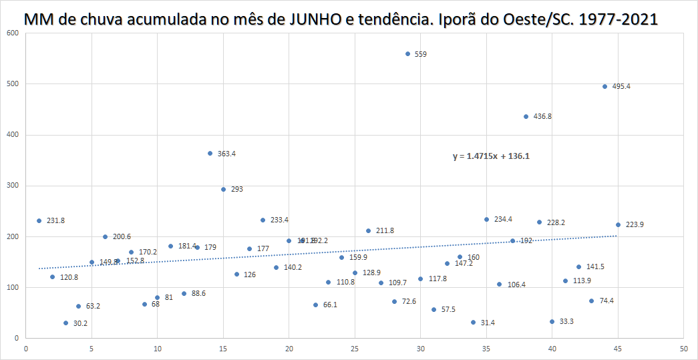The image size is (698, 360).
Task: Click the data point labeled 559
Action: coord(407,53)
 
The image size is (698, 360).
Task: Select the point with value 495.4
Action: coord(604,86)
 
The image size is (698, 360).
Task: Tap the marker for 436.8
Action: coord(526,116)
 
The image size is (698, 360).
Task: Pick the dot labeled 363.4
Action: coord(210,153)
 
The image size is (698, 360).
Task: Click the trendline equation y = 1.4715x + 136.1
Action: coord(491,156)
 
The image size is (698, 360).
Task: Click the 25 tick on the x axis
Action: coord(355,349)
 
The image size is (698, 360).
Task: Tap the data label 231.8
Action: coord(55,220)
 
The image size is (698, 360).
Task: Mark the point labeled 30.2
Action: coord(65,323)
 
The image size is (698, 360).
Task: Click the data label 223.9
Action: coord(635,224)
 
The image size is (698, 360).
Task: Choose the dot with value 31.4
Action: coord(473,322)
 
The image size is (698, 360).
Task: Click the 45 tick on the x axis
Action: coord(618,349)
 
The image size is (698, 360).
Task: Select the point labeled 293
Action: coord(223,189)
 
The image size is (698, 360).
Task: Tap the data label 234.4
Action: coord(503,219)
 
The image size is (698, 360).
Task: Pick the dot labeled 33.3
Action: coord(552,321)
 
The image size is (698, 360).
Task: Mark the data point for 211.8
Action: coord(368,230)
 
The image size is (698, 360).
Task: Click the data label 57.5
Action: coord(448,309)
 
